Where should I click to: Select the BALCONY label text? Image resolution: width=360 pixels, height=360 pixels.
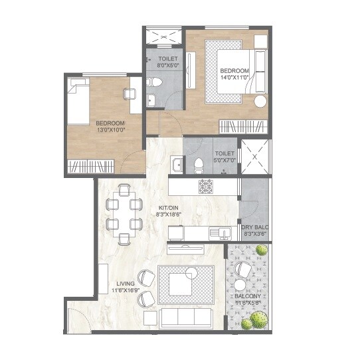[x=251, y=298]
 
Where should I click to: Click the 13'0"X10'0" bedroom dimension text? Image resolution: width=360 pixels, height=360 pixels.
[x=110, y=130]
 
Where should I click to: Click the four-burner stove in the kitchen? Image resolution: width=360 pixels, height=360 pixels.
[x=205, y=187]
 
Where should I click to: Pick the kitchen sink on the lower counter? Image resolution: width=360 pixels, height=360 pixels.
[x=216, y=232]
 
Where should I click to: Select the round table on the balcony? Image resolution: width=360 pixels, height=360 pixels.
[x=240, y=284]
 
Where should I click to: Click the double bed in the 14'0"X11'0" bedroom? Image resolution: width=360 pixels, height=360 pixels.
[x=232, y=72]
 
